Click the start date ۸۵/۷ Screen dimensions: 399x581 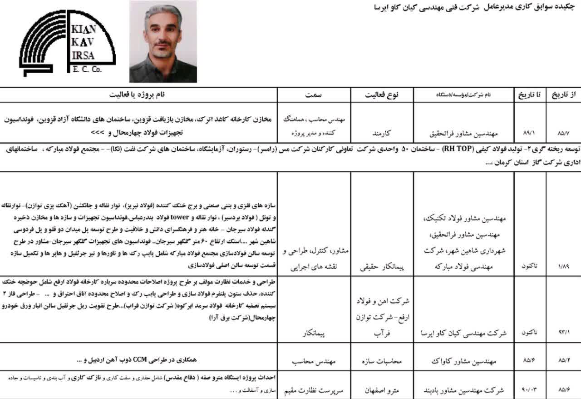tap(563, 135)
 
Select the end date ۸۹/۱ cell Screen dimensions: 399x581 tap(529, 135)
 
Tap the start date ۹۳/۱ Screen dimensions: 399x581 tap(563, 333)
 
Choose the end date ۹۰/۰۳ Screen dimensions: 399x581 tap(529, 390)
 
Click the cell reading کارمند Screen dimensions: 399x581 tap(382, 135)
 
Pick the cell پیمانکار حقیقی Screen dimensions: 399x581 tap(382, 263)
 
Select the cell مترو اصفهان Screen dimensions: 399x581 tap(382, 390)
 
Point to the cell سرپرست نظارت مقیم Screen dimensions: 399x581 tap(314, 390)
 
